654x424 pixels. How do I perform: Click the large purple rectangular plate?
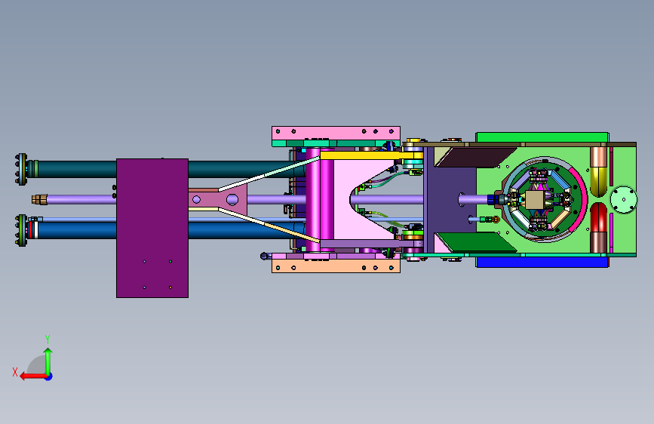152,228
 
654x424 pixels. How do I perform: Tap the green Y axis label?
48,340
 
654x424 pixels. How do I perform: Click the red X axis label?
15,372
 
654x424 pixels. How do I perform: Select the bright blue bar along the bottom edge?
542,262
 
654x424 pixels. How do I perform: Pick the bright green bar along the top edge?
542,137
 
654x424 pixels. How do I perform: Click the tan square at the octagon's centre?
534,200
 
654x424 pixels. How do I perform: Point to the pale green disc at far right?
624,199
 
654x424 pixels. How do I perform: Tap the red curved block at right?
599,217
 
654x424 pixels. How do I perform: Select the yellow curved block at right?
599,182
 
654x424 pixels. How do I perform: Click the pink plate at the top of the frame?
336,133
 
